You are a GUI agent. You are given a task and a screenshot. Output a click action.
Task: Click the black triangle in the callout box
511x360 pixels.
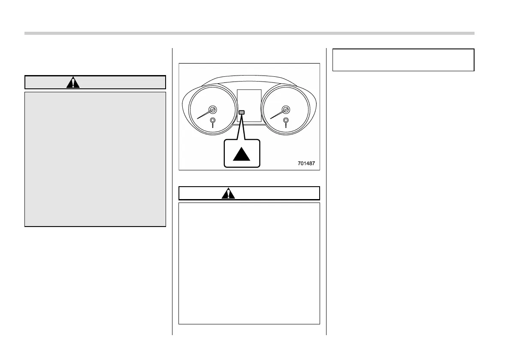click(x=242, y=153)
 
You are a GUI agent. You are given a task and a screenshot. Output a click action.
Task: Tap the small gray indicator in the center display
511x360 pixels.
click(x=242, y=112)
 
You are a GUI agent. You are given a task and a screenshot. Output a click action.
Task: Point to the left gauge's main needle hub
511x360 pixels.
click(x=212, y=109)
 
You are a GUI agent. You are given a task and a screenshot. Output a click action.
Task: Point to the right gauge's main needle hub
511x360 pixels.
click(x=285, y=109)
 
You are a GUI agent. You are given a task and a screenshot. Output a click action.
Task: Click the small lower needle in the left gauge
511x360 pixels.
click(x=213, y=122)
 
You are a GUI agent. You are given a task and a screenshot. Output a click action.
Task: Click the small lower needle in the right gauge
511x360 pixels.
click(x=286, y=122)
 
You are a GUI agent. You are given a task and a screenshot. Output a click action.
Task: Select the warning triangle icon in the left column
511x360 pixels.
click(x=73, y=82)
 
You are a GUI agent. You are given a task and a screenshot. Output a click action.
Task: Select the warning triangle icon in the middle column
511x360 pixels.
click(x=228, y=194)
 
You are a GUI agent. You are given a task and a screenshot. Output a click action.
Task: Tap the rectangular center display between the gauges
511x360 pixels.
click(x=249, y=106)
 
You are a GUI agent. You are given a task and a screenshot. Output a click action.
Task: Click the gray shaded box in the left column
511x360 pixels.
click(x=95, y=159)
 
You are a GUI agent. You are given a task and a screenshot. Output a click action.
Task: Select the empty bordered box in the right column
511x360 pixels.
click(x=403, y=60)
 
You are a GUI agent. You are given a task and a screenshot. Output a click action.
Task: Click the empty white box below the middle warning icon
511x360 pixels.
click(x=249, y=263)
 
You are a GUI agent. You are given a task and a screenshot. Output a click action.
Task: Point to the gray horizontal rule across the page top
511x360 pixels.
click(x=249, y=33)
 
